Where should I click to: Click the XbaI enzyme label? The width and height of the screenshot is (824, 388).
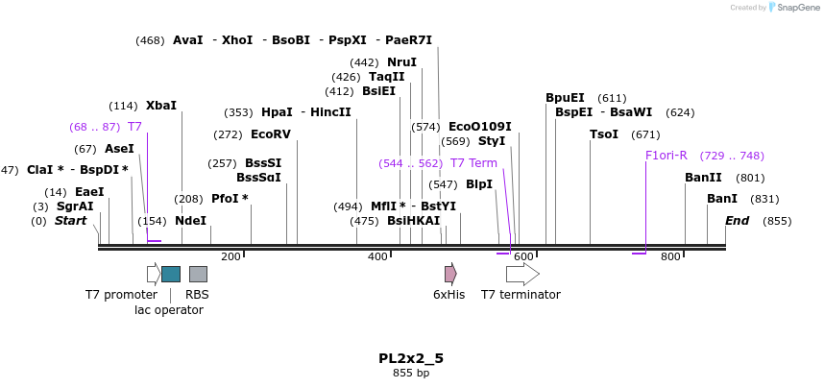161,106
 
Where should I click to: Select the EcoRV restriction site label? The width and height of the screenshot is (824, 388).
270,134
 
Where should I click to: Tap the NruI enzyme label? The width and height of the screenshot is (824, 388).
401,62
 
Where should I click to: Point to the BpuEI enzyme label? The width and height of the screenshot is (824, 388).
565,98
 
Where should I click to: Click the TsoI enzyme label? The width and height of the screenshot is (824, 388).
604,134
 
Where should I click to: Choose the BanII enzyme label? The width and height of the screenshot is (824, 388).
703,178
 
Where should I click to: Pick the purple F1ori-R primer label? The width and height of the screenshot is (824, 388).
666,156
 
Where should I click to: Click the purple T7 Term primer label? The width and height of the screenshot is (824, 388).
473,163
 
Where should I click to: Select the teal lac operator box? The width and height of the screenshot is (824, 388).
171,274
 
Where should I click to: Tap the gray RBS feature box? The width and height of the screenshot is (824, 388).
198,274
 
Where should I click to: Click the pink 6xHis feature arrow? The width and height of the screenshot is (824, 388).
449,274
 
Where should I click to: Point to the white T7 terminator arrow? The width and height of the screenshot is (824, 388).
521,274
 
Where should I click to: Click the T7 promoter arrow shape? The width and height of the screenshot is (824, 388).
153,274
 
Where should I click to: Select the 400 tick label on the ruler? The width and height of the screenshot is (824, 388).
377,256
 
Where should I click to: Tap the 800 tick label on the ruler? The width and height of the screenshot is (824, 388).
670,256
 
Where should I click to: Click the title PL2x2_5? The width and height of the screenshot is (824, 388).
411,358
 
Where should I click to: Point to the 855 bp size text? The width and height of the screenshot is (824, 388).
411,373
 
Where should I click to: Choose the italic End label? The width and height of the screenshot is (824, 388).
737,221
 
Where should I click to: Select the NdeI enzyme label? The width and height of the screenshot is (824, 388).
190,221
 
